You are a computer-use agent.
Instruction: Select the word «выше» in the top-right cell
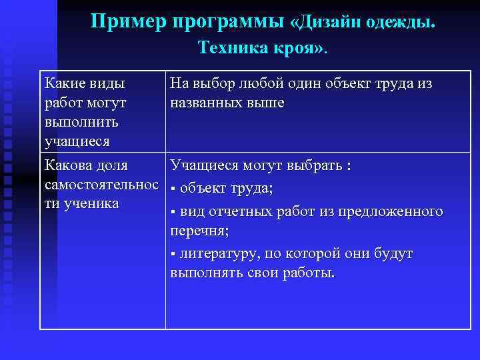click(266, 103)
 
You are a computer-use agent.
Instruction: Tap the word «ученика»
click(92, 203)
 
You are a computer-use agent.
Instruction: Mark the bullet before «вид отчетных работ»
click(173, 213)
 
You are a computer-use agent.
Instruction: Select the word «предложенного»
click(393, 211)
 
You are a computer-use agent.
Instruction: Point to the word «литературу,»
click(219, 254)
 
